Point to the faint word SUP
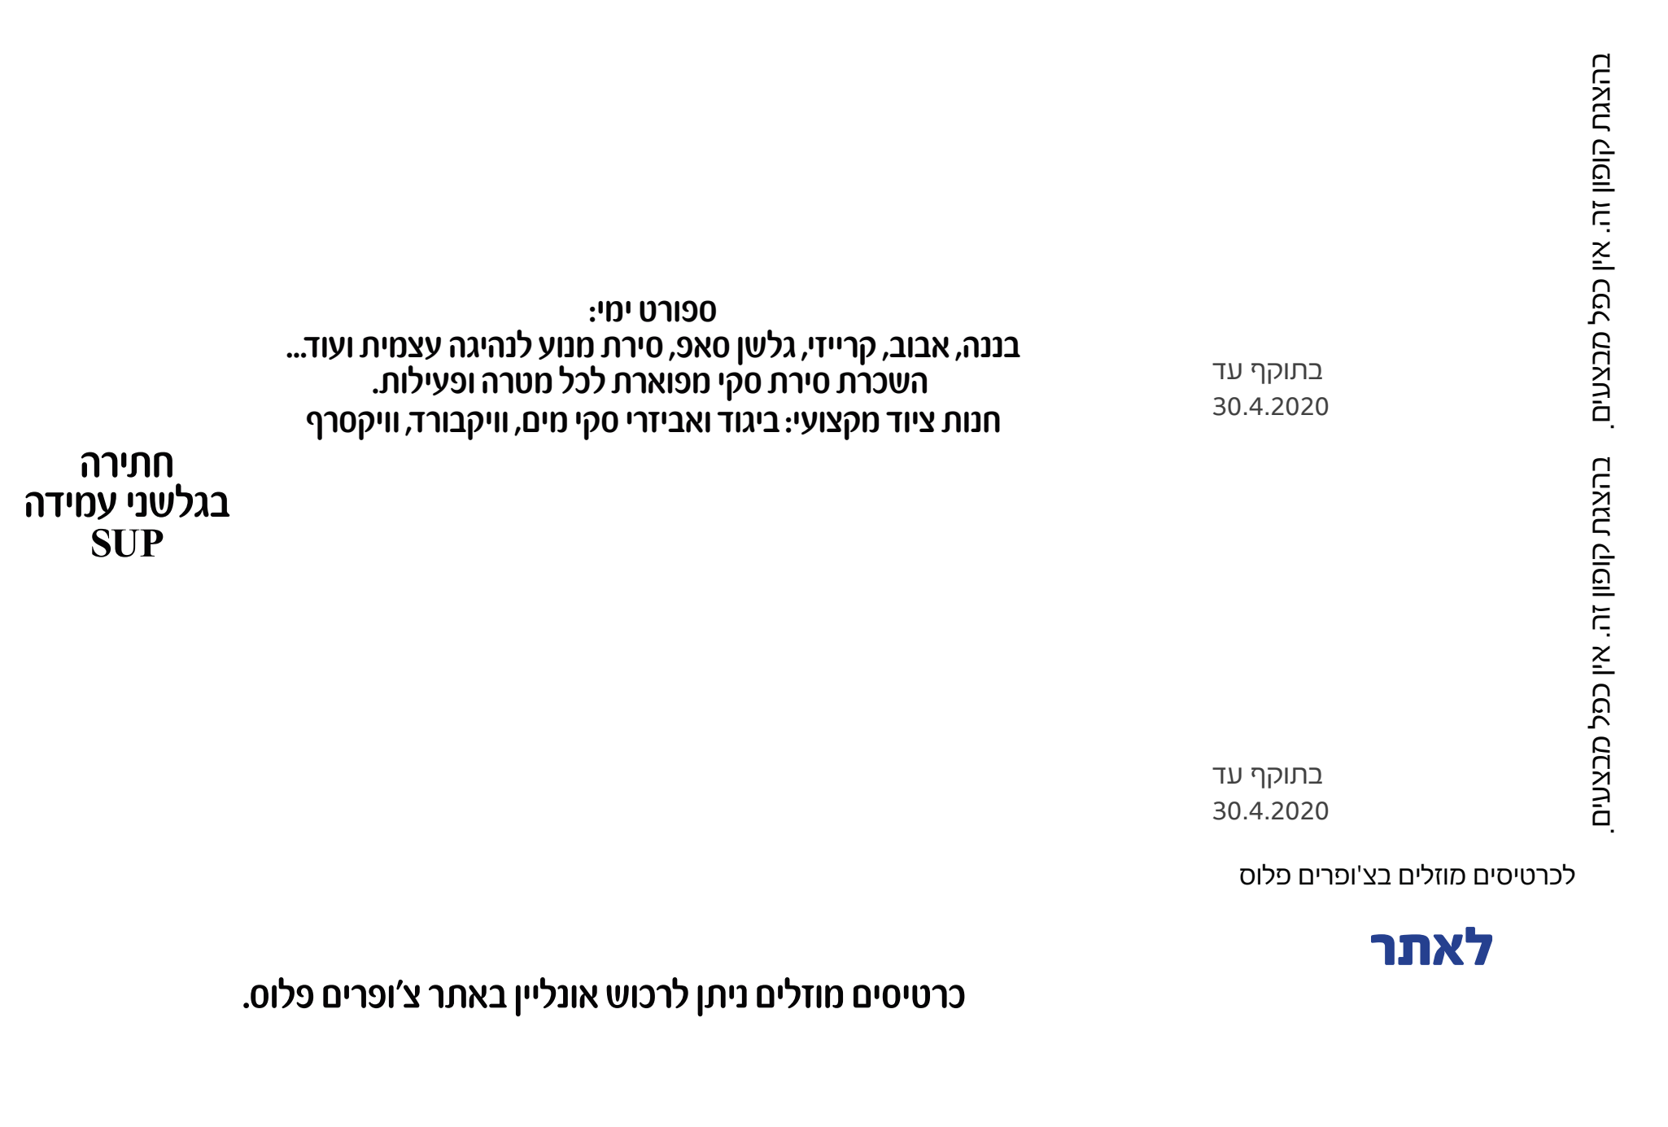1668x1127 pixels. tap(127, 544)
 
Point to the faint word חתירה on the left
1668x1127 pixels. tap(127, 466)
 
